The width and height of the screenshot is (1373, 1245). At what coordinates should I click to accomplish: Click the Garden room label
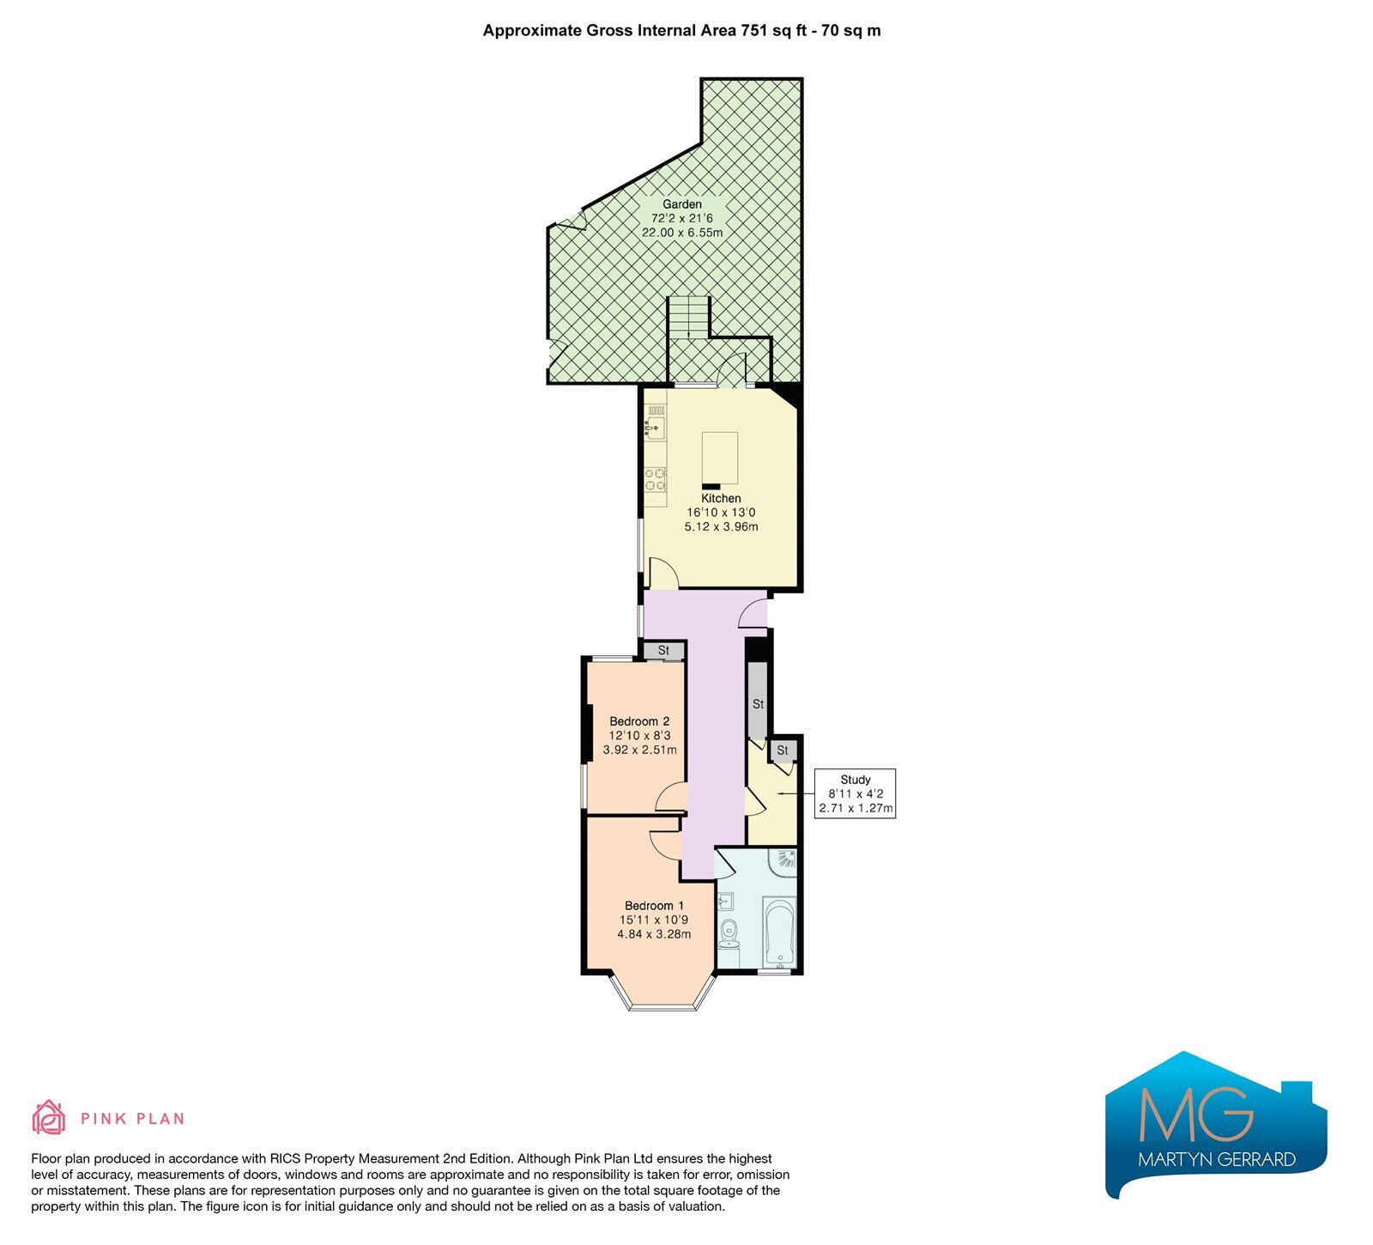pos(682,204)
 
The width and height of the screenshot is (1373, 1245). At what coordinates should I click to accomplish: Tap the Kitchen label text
pos(721,498)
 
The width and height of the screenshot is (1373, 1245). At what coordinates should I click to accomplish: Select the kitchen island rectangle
pos(719,458)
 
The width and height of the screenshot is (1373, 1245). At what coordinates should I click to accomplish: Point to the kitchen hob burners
pos(656,479)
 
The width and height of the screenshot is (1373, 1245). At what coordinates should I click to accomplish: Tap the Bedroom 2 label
pos(639,721)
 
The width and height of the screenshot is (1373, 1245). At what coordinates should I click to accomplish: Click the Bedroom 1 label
pos(655,905)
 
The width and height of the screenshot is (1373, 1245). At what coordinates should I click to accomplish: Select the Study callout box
pos(856,793)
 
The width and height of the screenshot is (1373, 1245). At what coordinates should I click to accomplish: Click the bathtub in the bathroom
pos(780,932)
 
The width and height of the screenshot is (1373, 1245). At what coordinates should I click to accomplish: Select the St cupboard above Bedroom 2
pos(663,651)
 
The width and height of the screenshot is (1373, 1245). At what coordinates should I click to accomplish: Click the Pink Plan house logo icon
pos(49,1117)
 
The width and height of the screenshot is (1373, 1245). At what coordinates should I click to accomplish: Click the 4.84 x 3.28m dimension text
pos(654,934)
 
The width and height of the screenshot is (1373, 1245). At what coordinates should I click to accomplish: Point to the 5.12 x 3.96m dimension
pos(721,526)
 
